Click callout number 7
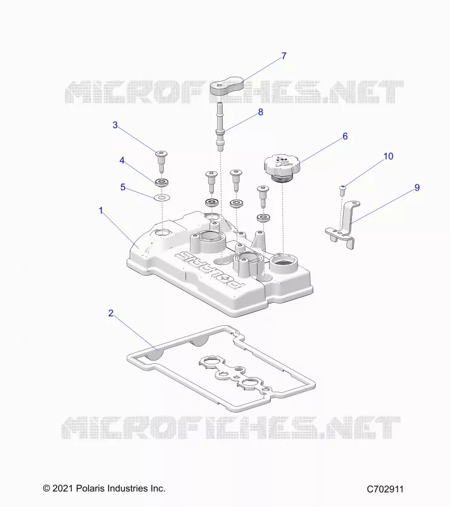pyautogui.click(x=284, y=56)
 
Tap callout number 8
pyautogui.click(x=261, y=112)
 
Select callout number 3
pyautogui.click(x=115, y=125)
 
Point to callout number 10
pyautogui.click(x=389, y=156)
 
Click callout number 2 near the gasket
pyautogui.click(x=111, y=313)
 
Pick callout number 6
pyautogui.click(x=345, y=136)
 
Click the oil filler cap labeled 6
pyautogui.click(x=282, y=168)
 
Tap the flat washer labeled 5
pyautogui.click(x=162, y=197)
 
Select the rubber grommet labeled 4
pyautogui.click(x=162, y=183)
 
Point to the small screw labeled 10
pyautogui.click(x=343, y=191)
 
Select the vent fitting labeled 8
pyautogui.click(x=220, y=126)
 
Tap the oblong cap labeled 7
pyautogui.click(x=227, y=86)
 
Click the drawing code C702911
pyautogui.click(x=385, y=489)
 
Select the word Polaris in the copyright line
pyautogui.click(x=90, y=488)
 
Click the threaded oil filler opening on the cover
pyautogui.click(x=283, y=262)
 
